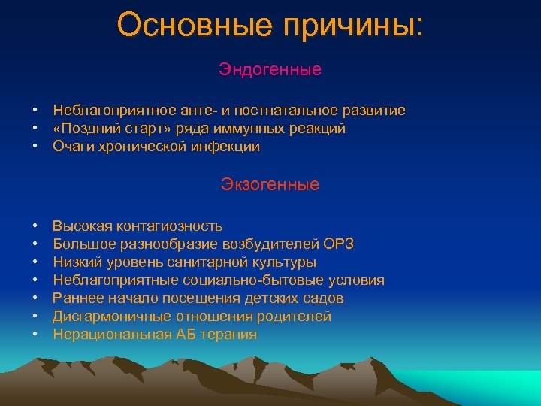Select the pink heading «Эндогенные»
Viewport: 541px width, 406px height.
270,70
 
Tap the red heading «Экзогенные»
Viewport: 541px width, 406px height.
270,184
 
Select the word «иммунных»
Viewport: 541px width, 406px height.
245,129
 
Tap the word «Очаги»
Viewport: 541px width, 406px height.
73,147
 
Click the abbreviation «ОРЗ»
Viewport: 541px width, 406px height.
339,244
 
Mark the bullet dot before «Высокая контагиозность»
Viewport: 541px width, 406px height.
35,226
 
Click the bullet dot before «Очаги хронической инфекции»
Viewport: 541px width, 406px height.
35,147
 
